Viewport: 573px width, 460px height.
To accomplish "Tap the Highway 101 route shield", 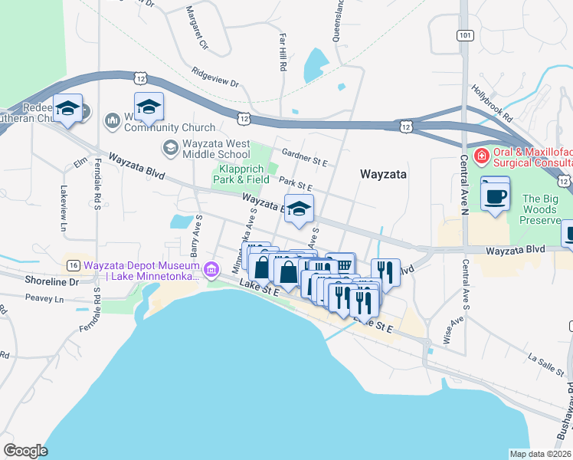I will (463, 35).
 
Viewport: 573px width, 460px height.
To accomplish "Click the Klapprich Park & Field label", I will (244, 173).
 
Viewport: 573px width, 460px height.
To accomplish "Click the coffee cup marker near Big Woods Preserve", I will (494, 195).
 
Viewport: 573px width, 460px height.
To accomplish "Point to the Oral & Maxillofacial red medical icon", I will (481, 156).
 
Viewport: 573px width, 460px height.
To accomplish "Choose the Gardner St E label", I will (304, 157).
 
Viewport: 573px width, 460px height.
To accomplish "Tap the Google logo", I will (25, 451).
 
